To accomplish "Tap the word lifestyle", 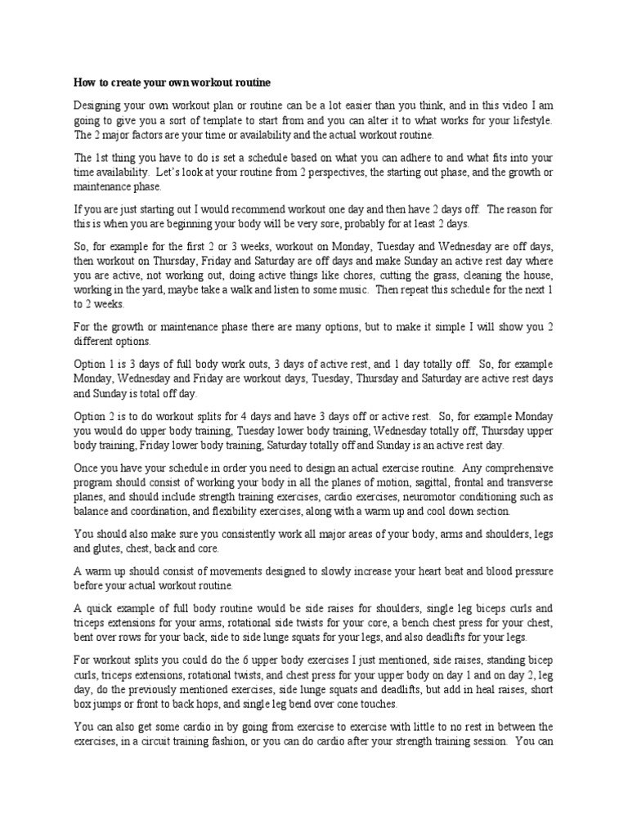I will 527,120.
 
